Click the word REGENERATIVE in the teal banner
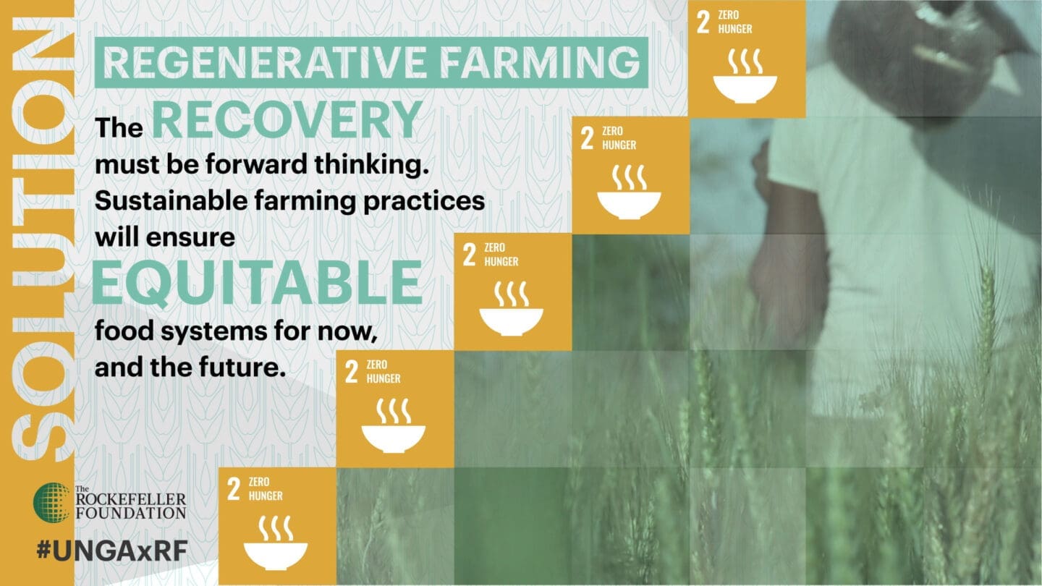[x=264, y=62]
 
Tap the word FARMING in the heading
[x=540, y=62]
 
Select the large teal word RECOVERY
[x=287, y=119]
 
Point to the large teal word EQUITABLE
[x=258, y=282]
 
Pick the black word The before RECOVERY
[x=119, y=127]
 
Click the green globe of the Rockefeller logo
[x=51, y=502]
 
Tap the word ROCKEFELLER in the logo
[x=131, y=499]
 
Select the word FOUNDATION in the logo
[x=131, y=513]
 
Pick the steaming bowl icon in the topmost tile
[x=745, y=76]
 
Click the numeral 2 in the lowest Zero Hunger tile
[x=234, y=488]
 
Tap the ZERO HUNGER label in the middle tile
[x=501, y=255]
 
